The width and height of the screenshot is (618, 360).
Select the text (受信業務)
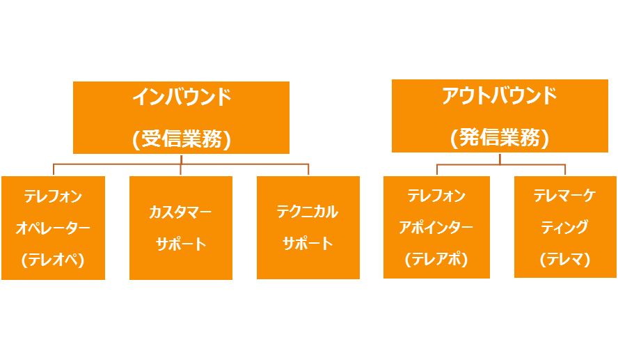pos(181,139)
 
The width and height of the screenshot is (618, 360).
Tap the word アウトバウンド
pos(499,96)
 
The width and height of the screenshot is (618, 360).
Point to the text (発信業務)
pos(499,137)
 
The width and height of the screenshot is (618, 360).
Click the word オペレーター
pos(53,228)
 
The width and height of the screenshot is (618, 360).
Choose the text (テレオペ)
pos(53,260)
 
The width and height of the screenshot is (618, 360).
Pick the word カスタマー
pos(180,212)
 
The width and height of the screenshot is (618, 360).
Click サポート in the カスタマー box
pos(180,244)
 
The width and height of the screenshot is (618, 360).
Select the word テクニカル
pos(307,212)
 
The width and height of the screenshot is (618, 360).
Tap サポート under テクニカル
pos(307,244)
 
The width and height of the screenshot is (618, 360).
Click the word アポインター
pos(436,227)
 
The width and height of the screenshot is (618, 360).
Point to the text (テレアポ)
pos(436,259)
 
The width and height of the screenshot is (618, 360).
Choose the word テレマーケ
pos(564,196)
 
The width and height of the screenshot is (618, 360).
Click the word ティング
pos(564,227)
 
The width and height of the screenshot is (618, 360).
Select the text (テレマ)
pos(564,259)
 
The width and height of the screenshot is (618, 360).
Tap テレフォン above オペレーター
pos(53,196)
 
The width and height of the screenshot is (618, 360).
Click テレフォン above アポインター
pos(436,196)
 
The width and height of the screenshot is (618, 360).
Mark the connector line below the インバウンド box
pos(181,164)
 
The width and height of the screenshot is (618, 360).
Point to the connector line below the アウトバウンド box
pos(500,164)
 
